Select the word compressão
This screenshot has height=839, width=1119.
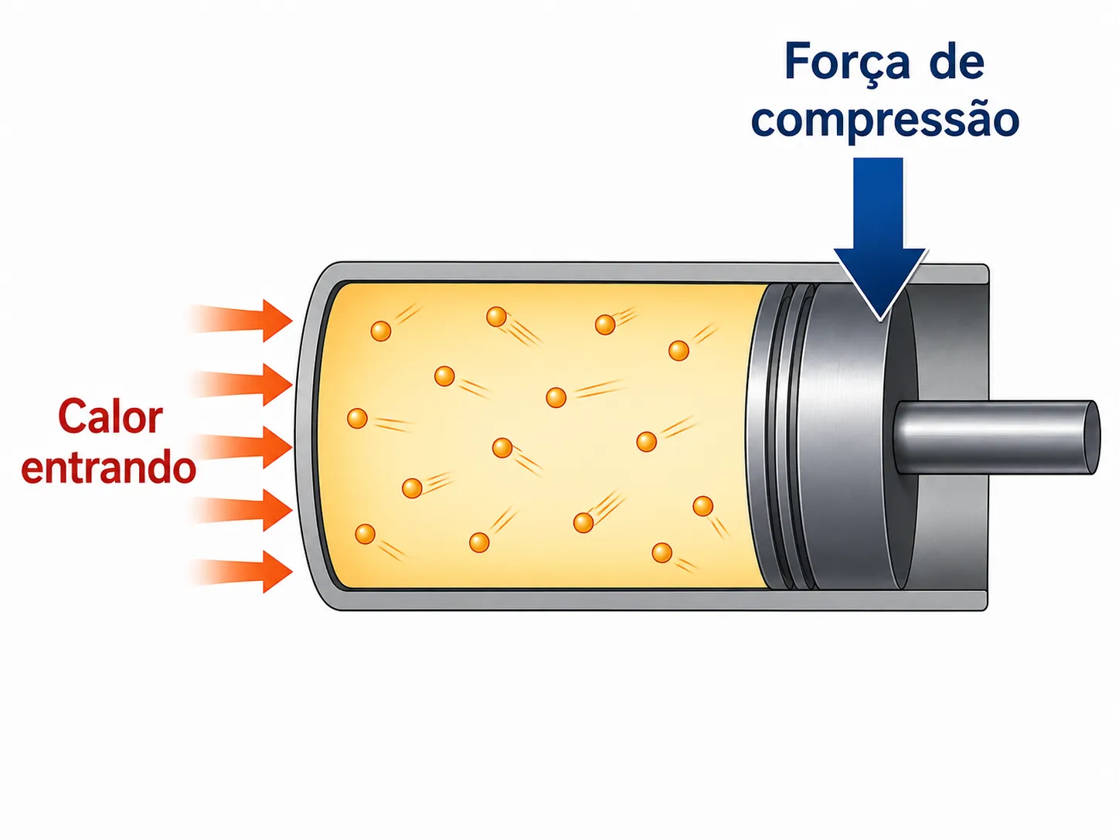click(x=886, y=120)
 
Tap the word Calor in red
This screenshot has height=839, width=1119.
click(x=111, y=416)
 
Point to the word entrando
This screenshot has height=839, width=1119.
click(x=109, y=467)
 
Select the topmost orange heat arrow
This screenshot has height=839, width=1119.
click(x=240, y=321)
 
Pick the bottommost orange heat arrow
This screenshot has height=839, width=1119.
click(x=240, y=572)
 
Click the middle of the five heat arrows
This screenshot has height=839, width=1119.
click(x=240, y=447)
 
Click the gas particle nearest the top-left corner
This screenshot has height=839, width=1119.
click(x=381, y=331)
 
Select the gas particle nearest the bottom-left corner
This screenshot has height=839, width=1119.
click(x=365, y=534)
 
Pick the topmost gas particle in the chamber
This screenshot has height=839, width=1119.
click(x=497, y=317)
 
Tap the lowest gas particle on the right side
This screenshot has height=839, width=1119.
click(x=662, y=552)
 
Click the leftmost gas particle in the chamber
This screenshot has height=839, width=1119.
click(x=357, y=418)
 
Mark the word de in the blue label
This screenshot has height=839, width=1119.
click(x=957, y=62)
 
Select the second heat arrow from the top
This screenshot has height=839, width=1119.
click(x=240, y=384)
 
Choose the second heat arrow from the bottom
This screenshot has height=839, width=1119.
click(x=240, y=510)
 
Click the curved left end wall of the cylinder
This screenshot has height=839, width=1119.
click(x=308, y=437)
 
